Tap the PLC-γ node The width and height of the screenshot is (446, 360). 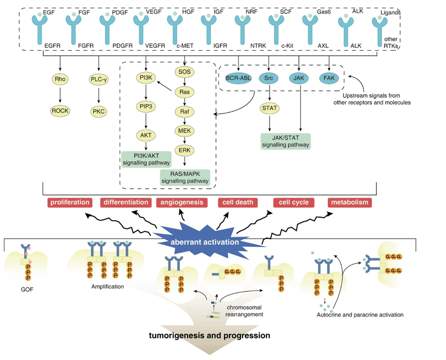[x=98, y=80]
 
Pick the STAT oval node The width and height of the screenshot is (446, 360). [x=268, y=108]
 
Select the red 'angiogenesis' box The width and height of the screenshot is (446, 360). [x=182, y=203]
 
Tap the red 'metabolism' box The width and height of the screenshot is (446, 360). [x=350, y=203]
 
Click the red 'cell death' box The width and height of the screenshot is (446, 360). [x=238, y=203]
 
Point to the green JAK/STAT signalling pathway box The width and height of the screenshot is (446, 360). [x=286, y=141]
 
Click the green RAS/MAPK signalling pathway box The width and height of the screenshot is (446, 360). [x=185, y=177]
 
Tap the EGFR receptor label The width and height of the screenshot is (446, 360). [x=54, y=46]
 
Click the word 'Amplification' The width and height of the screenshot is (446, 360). [x=107, y=287]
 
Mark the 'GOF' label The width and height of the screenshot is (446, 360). [x=28, y=289]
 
